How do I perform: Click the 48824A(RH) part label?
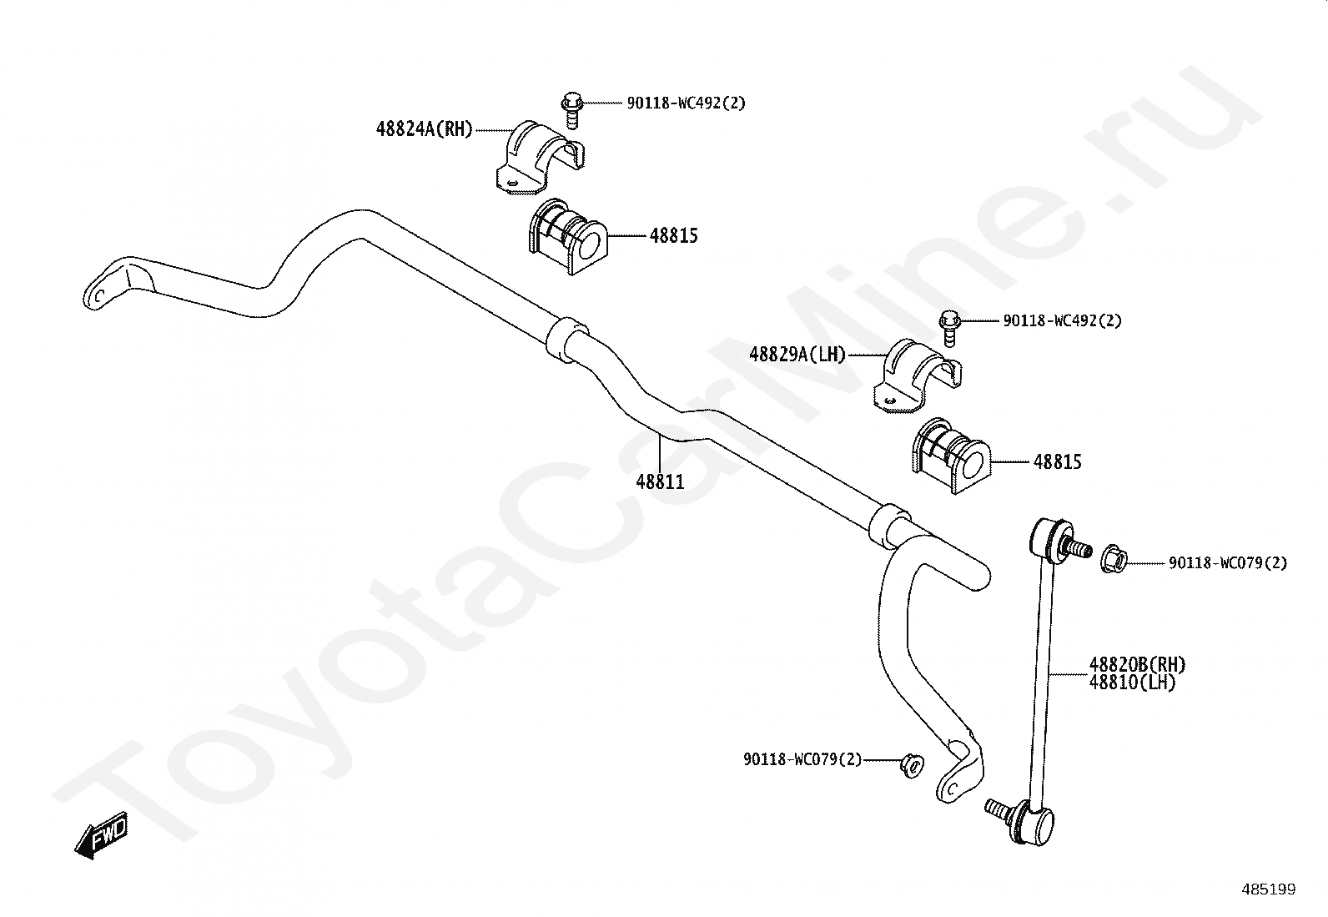(425, 128)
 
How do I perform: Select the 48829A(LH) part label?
(797, 354)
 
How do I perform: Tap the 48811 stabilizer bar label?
(660, 481)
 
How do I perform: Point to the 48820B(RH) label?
(1138, 665)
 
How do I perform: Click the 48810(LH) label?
(1132, 683)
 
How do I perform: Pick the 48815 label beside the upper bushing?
(674, 235)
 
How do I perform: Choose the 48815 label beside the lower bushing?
(1058, 461)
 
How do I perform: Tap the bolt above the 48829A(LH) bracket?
(950, 329)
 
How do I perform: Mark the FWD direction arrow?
(102, 835)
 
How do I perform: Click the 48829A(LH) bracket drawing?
(917, 376)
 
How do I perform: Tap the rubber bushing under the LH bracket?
(951, 456)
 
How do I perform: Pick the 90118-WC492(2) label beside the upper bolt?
(686, 103)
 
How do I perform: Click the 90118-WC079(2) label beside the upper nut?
(1228, 563)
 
